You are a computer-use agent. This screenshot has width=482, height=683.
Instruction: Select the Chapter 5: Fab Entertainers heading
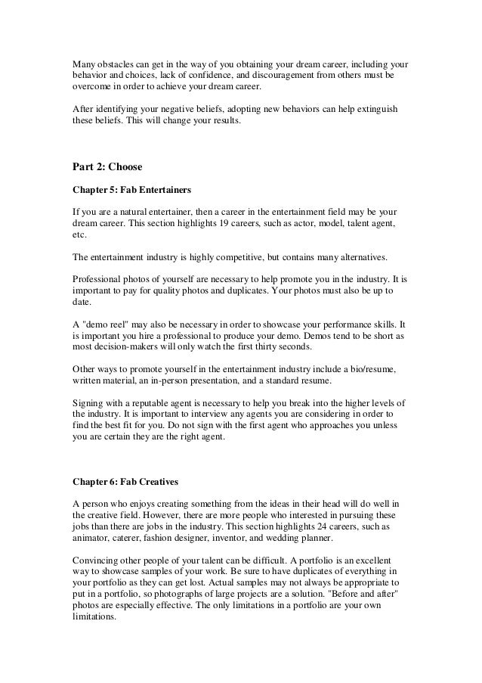pyautogui.click(x=129, y=187)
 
